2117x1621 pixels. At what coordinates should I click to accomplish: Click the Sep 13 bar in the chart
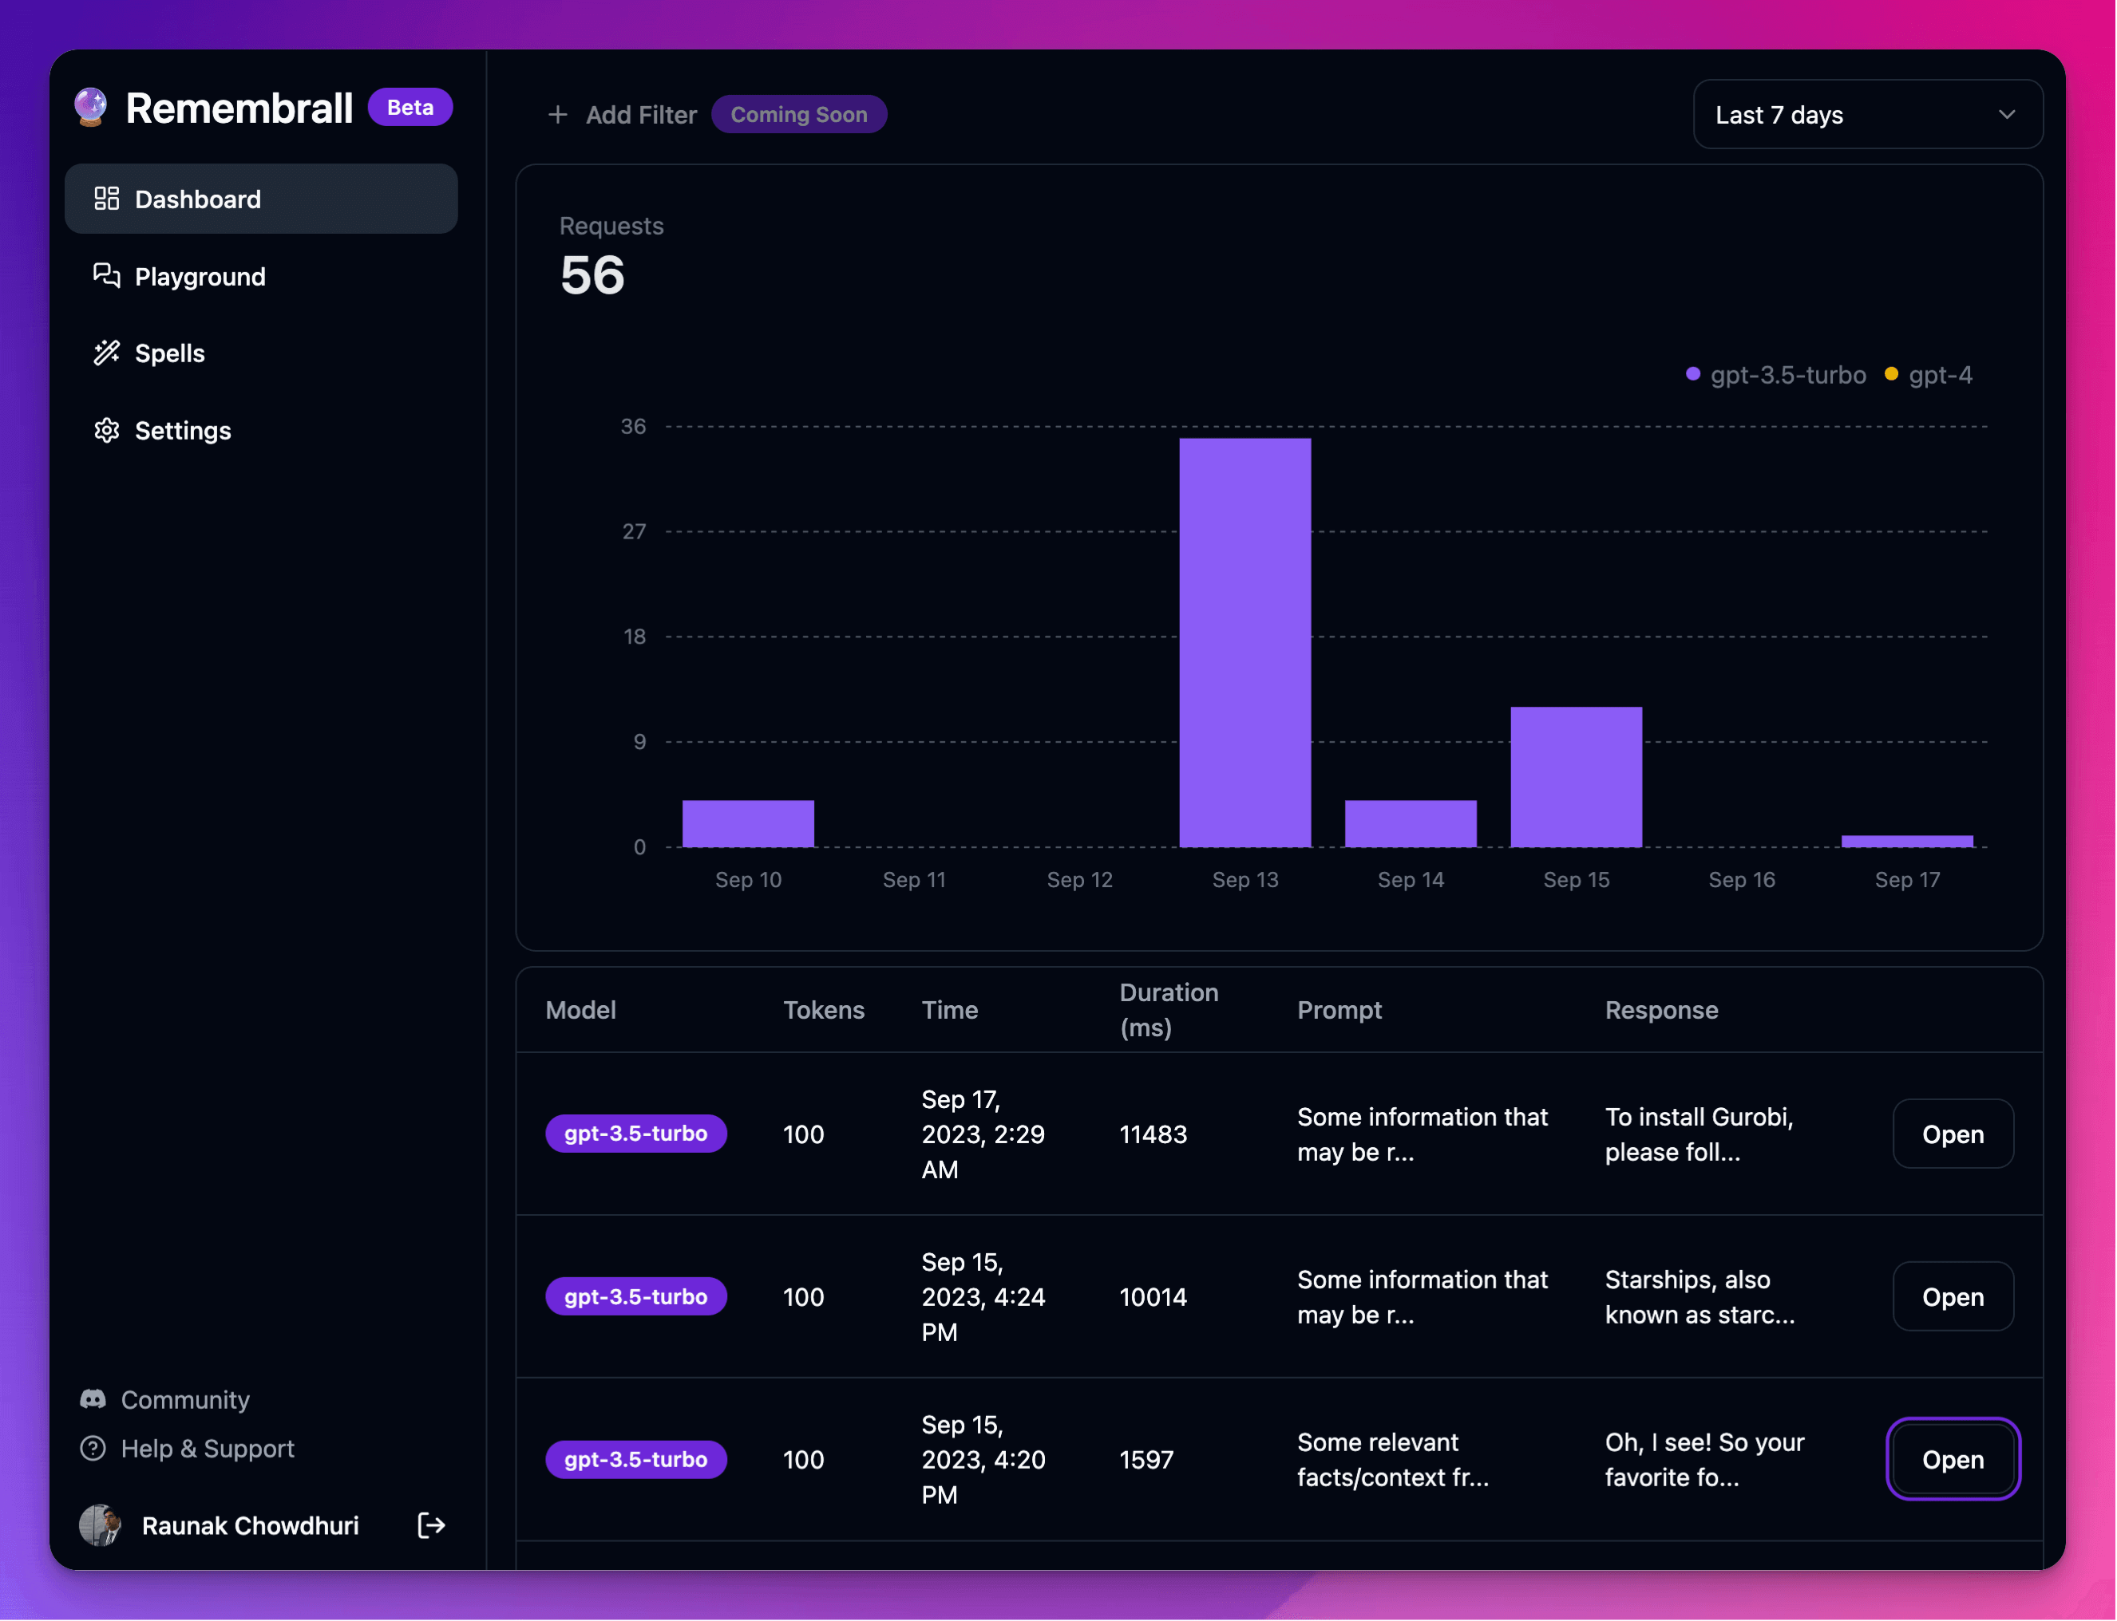click(1244, 641)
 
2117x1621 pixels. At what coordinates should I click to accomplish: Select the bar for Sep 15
click(1576, 777)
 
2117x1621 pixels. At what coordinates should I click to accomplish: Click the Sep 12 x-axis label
click(1079, 880)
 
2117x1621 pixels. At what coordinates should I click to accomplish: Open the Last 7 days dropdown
click(1867, 115)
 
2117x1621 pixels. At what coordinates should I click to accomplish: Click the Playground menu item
click(200, 277)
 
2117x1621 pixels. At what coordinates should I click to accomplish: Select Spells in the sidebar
click(170, 353)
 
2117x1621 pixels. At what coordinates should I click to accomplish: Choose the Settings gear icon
click(107, 430)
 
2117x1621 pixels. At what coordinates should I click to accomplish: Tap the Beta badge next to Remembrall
click(410, 107)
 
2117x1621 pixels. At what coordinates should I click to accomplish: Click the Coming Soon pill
click(798, 115)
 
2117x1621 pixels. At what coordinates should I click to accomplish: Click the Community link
click(184, 1399)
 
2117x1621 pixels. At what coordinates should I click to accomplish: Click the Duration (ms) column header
click(1168, 1009)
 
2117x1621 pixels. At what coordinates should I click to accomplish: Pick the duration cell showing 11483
click(1153, 1134)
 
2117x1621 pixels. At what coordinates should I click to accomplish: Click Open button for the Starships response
click(1952, 1297)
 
